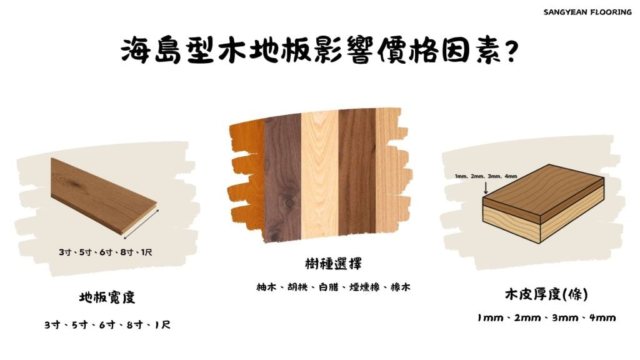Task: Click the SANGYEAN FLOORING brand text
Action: click(x=587, y=12)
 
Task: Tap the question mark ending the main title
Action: click(x=511, y=51)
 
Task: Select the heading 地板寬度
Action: click(x=107, y=297)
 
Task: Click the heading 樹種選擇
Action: click(x=333, y=264)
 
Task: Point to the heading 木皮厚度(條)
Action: click(x=546, y=294)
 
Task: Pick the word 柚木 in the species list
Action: click(x=266, y=287)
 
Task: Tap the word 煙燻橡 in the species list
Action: click(x=364, y=287)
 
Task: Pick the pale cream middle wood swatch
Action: click(x=320, y=175)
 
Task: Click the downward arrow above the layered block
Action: click(x=486, y=187)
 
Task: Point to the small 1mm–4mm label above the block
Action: click(x=486, y=176)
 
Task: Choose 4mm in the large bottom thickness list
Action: click(x=602, y=317)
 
